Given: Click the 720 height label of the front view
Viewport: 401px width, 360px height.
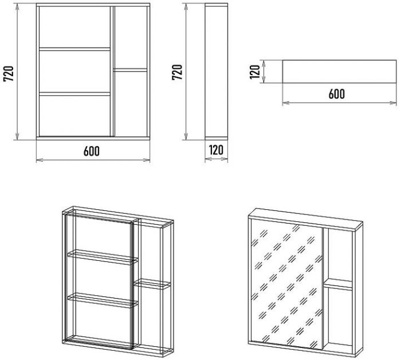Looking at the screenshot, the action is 9,74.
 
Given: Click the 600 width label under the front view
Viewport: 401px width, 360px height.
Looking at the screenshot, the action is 92,151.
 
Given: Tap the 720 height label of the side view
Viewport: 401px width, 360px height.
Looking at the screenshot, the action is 177,72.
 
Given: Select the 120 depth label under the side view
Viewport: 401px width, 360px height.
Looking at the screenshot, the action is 216,150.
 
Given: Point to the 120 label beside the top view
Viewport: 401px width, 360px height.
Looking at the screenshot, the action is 255,72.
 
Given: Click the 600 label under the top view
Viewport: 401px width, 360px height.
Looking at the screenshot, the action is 337,94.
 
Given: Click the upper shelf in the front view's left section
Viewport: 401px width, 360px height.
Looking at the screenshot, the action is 74,49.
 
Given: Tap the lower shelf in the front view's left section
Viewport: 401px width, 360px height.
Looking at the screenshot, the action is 74,94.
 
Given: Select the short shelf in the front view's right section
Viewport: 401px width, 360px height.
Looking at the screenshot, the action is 131,70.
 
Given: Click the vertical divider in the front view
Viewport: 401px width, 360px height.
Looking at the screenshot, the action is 112,72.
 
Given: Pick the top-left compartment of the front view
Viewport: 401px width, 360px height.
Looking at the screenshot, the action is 74,27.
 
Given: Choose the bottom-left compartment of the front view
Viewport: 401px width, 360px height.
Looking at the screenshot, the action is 74,116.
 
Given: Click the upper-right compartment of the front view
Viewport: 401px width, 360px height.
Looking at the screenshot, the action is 131,37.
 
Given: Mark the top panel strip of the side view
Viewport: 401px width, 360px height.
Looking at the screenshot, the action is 217,5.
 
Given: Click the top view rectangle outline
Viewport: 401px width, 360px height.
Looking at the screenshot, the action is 339,72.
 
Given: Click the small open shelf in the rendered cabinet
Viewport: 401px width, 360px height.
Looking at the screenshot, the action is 338,284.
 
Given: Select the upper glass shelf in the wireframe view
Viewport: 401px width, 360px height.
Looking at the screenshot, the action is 103,257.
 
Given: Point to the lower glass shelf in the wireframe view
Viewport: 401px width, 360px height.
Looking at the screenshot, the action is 103,300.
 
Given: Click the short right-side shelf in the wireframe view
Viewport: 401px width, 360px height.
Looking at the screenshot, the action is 152,284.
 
